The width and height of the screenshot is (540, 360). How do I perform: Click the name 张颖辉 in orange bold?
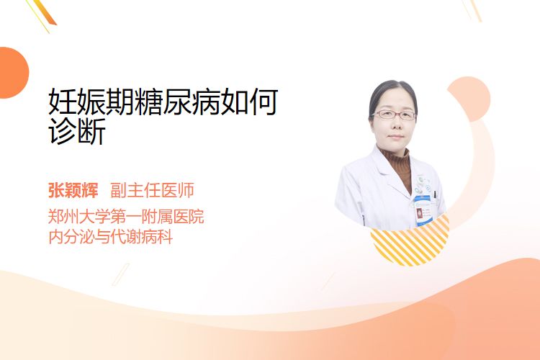point(73,191)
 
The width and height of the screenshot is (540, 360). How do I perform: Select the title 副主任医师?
point(152,191)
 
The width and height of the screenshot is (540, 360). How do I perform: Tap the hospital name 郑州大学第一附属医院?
point(126,216)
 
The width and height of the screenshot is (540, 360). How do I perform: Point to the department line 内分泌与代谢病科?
point(111,237)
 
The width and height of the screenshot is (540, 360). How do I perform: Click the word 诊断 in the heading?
point(77,131)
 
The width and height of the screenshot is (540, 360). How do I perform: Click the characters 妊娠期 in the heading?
point(91,102)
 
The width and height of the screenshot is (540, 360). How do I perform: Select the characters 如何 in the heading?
point(249,102)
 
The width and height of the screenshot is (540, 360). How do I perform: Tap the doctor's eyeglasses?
point(394,114)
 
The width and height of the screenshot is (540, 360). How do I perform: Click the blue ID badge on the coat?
point(423,210)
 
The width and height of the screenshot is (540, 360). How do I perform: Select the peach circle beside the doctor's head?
point(469,99)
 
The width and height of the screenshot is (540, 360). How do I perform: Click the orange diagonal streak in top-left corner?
point(45,13)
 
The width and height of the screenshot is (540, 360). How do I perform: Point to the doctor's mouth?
point(395,137)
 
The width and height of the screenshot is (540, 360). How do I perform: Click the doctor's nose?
point(395,125)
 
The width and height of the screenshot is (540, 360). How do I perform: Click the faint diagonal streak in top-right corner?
point(473,10)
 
